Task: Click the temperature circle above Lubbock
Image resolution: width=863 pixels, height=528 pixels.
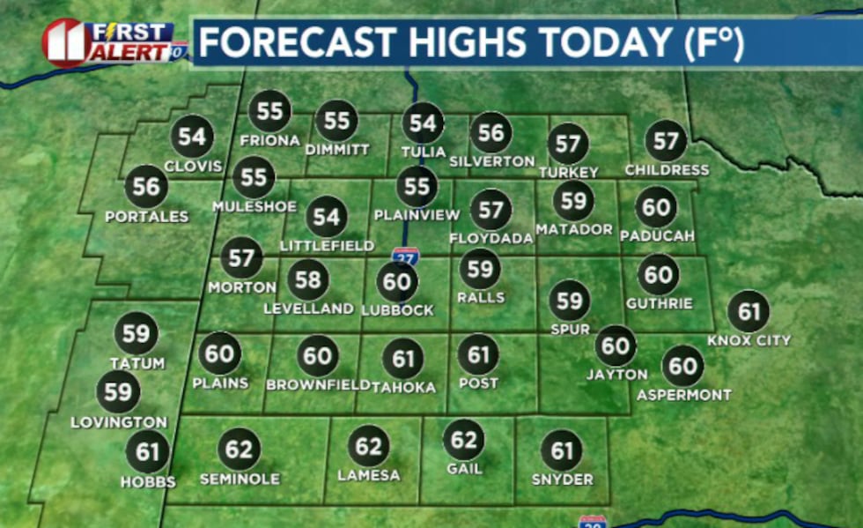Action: (397, 282)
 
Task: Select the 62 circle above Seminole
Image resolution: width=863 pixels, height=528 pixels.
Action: (240, 450)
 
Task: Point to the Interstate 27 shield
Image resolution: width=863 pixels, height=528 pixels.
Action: (406, 257)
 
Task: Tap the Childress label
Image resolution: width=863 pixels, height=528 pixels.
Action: (667, 169)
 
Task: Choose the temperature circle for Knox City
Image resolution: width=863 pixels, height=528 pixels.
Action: (749, 312)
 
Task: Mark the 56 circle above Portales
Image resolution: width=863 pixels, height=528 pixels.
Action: (147, 186)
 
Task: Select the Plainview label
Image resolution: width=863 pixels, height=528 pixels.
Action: (417, 214)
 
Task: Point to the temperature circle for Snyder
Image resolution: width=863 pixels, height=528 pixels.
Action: (562, 451)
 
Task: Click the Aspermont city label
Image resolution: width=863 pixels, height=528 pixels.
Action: (684, 395)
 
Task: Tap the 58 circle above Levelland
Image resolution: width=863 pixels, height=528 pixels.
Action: (308, 280)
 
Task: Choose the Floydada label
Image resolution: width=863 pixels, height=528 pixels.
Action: (491, 238)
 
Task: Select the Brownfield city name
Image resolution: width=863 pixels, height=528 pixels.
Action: (318, 385)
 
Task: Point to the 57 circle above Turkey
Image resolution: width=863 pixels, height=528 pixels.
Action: (568, 145)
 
